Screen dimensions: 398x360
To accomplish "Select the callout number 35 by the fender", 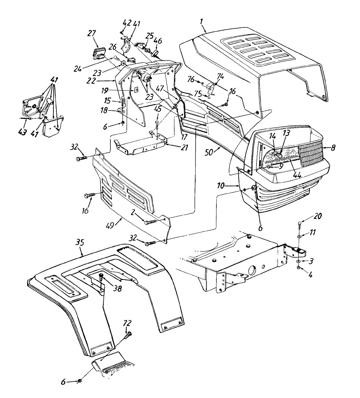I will tap(80, 243).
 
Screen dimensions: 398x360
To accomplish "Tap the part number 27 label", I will tap(92, 33).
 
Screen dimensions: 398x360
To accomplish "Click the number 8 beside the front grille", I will tap(332, 147).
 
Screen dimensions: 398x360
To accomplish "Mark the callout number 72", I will tap(127, 323).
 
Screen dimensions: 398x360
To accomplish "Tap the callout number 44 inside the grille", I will tap(297, 175).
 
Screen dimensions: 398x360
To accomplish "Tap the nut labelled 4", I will tap(299, 267).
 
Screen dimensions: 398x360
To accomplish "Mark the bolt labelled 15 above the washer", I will tap(123, 101).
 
